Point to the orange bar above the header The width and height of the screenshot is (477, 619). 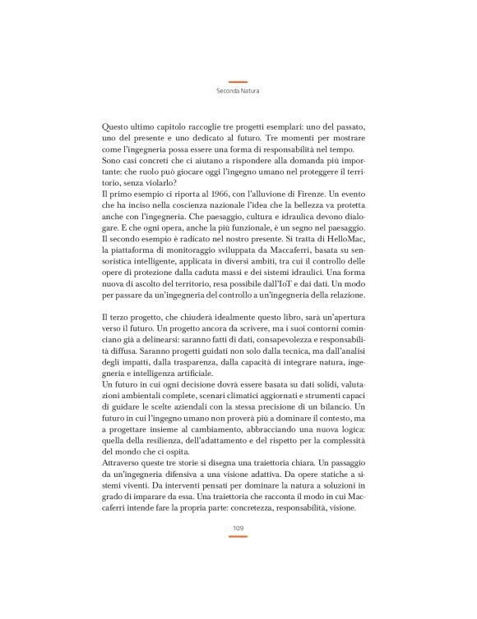(238, 81)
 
